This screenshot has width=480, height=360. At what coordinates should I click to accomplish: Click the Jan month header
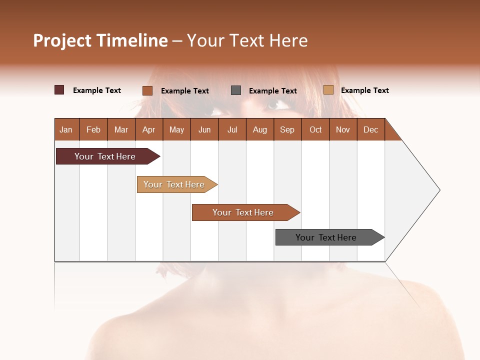click(66, 129)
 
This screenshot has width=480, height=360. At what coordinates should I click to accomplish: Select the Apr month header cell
click(148, 129)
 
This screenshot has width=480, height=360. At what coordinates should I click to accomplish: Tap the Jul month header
click(232, 129)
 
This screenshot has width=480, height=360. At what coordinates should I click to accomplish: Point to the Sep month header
click(287, 129)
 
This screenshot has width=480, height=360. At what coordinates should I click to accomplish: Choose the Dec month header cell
click(370, 129)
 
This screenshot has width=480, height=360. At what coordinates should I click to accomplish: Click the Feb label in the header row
click(93, 129)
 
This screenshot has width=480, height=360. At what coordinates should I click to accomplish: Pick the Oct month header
click(315, 129)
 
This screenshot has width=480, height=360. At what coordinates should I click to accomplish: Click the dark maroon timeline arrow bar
click(105, 156)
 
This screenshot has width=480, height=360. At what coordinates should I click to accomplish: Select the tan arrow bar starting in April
click(174, 184)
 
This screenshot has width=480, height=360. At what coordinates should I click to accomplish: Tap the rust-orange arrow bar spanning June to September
click(243, 212)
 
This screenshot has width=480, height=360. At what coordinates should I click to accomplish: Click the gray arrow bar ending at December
click(326, 237)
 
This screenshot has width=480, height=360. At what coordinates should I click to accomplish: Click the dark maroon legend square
click(59, 90)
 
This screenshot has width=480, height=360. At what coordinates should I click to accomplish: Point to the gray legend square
click(236, 90)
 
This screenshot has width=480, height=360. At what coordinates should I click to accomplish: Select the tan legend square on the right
click(328, 90)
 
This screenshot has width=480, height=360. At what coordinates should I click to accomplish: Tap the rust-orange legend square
click(147, 90)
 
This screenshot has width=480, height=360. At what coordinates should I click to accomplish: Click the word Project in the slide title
click(62, 40)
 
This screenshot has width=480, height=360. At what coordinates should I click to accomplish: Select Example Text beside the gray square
click(272, 90)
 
